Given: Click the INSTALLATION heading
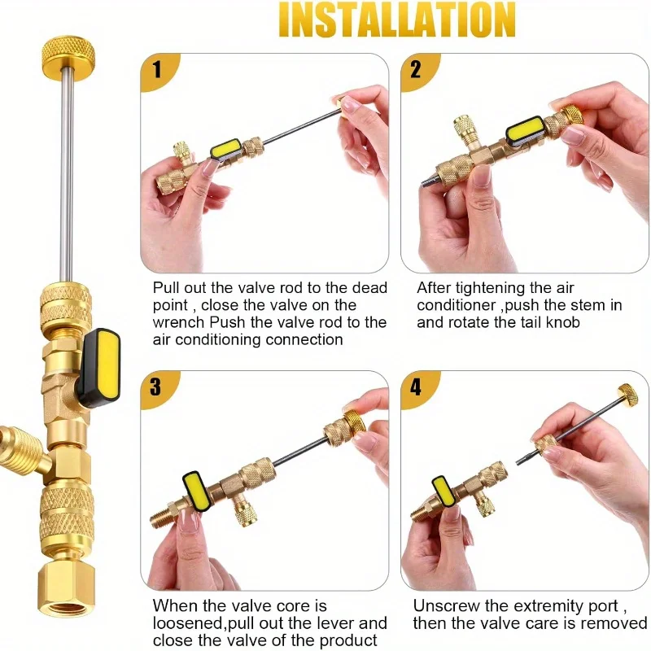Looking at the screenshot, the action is coord(397,20).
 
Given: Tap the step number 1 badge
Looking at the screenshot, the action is coord(158,71).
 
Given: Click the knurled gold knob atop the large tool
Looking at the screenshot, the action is coord(68,52).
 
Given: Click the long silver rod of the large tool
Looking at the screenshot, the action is coord(67,173).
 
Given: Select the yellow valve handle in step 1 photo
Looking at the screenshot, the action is coord(225,149).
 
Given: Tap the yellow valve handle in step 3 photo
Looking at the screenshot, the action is coord(196,492).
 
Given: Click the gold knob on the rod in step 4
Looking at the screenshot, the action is coord(628,395).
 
